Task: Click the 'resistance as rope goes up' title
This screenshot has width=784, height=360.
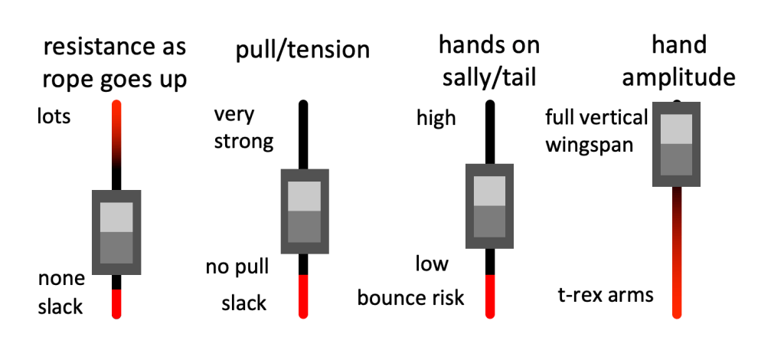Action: click(x=116, y=63)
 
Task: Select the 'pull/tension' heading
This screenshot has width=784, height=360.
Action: click(x=302, y=51)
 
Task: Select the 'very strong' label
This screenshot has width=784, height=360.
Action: click(x=243, y=128)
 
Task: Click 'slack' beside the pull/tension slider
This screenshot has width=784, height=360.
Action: click(x=243, y=303)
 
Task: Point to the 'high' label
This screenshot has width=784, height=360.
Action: click(x=436, y=118)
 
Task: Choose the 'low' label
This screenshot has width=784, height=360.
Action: click(x=432, y=265)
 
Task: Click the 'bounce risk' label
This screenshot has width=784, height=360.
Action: click(x=411, y=297)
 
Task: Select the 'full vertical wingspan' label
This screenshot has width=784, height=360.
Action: click(x=596, y=130)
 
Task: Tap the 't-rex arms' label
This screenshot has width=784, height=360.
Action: click(x=606, y=294)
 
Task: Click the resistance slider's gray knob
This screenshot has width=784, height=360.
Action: click(x=116, y=232)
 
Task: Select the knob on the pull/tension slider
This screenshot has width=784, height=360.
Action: click(x=303, y=211)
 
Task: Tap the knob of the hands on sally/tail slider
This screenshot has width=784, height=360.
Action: click(x=489, y=205)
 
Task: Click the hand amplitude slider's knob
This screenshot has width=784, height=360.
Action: click(x=676, y=143)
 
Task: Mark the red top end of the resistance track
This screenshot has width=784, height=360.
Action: click(x=116, y=115)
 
